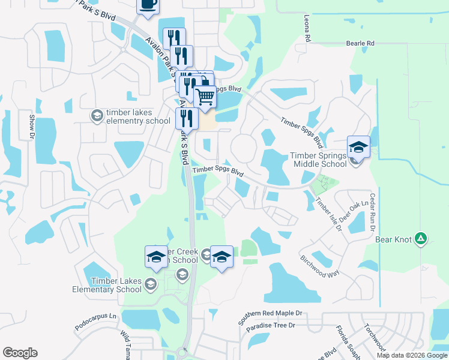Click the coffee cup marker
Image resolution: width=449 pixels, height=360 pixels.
(148, 5)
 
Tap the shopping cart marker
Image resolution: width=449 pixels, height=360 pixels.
(205, 96)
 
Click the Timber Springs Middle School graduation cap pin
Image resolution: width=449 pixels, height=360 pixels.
(358, 147)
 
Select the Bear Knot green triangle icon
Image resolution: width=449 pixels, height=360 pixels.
(421, 239)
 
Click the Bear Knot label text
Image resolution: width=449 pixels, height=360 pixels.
(394, 239)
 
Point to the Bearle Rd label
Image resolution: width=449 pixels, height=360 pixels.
(360, 43)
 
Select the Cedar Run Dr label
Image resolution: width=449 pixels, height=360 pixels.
(372, 211)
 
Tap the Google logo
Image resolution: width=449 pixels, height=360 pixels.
(20, 353)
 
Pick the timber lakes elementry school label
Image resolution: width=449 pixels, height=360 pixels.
(138, 116)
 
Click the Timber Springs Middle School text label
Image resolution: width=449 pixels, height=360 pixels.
(319, 159)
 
